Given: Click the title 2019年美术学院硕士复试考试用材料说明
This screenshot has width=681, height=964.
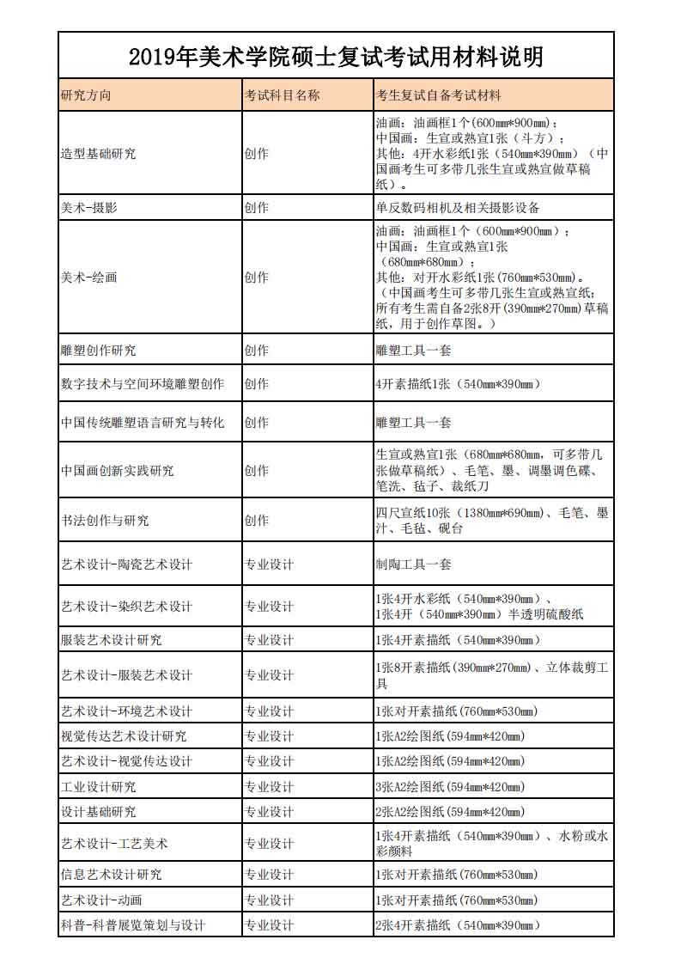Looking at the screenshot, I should tap(336, 57).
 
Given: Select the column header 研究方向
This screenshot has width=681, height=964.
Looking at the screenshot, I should tap(86, 95).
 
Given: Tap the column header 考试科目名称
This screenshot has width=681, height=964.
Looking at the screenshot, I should tap(283, 95).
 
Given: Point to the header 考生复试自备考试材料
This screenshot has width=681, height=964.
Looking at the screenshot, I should tap(438, 95).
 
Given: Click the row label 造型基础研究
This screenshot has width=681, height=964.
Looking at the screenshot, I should tap(98, 154).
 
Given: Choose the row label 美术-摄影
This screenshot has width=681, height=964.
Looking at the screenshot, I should tap(89, 208).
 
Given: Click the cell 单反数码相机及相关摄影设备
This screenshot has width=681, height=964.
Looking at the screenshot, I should tap(458, 208).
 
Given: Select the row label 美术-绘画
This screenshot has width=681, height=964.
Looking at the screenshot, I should tap(89, 278).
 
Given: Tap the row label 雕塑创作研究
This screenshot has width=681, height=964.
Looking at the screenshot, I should tap(98, 351).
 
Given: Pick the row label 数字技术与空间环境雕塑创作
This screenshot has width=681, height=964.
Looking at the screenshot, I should tap(143, 384).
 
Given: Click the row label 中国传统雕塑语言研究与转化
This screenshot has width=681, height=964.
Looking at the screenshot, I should tap(143, 423).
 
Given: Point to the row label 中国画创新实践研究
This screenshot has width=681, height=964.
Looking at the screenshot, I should tap(117, 471).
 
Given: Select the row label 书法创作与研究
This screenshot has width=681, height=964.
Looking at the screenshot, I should tap(105, 521).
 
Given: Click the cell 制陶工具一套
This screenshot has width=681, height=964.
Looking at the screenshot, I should tap(413, 564).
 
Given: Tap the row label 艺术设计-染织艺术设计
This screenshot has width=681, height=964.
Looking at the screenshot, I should tap(126, 607).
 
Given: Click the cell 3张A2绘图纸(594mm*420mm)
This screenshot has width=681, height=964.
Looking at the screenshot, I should tap(450, 786).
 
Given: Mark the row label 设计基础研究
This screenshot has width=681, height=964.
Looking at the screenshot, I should tap(98, 812).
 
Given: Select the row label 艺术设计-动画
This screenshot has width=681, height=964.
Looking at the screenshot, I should tap(101, 900).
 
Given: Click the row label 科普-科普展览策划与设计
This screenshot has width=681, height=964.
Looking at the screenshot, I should tap(133, 925).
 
